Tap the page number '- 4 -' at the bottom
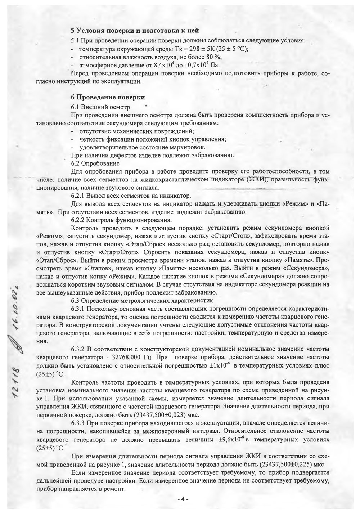[183, 499]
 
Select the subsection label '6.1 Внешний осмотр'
[101, 107]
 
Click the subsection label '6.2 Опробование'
[94, 163]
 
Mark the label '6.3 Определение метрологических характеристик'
[142, 300]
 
